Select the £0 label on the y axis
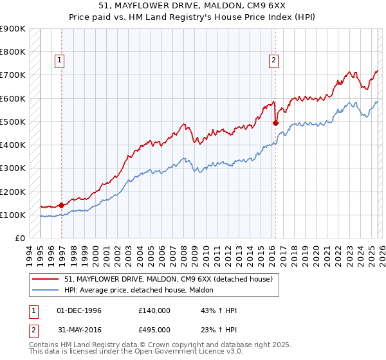click(x=19, y=239)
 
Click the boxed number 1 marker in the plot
click(x=59, y=60)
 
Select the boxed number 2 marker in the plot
click(x=273, y=60)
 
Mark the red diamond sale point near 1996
click(x=62, y=206)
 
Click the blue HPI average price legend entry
click(x=142, y=290)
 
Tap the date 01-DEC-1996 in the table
click(x=79, y=310)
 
